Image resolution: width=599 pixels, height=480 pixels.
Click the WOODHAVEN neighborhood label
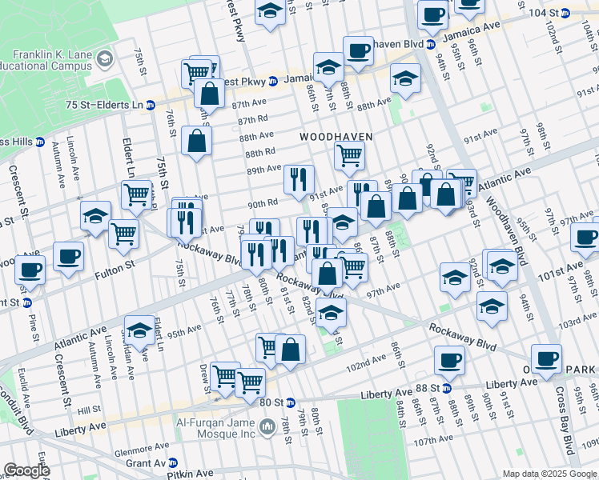click(336, 137)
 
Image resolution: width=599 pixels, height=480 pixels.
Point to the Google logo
click(26, 470)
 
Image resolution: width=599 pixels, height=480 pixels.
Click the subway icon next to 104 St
click(565, 14)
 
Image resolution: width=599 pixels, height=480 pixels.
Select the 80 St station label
click(272, 402)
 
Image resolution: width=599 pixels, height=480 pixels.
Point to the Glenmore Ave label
click(142, 450)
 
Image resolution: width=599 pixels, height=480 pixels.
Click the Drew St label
click(204, 374)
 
